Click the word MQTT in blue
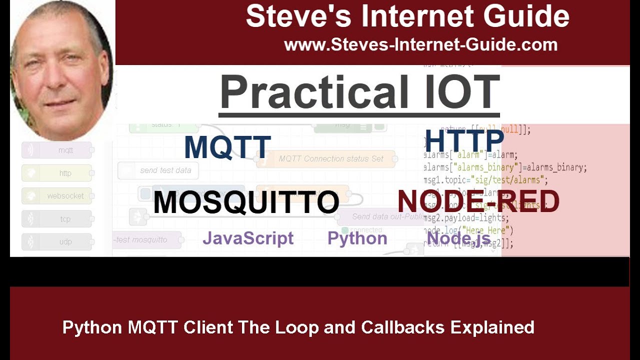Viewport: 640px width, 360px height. [227, 147]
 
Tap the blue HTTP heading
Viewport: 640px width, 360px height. [464, 141]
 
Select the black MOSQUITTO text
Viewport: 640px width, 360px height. [246, 202]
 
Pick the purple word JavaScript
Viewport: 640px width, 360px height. [248, 238]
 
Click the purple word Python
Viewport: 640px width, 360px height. [357, 238]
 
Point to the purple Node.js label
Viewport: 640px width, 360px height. [458, 238]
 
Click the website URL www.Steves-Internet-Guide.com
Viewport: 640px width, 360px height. [420, 45]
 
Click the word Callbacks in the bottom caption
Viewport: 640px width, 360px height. [402, 327]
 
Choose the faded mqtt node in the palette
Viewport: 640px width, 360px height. [56, 150]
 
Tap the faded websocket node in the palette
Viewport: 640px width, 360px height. [56, 196]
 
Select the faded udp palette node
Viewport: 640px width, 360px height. [56, 242]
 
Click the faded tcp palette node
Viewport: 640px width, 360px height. [56, 219]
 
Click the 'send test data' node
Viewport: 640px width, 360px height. [158, 170]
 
